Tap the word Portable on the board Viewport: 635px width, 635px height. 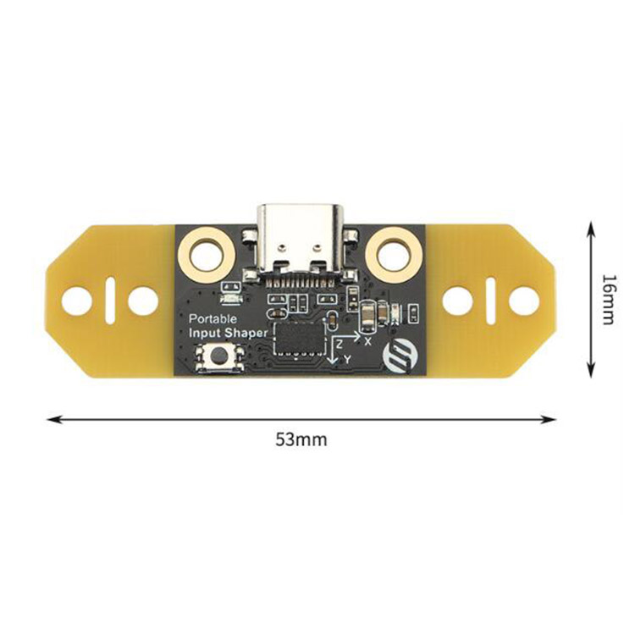tap(213, 319)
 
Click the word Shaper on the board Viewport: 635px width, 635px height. tap(246, 334)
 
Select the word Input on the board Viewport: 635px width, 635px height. tap(205, 334)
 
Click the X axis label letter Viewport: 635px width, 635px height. tap(367, 341)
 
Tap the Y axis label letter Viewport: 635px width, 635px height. tap(347, 359)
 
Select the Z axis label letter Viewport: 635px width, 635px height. tap(340, 345)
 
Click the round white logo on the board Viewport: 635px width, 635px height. tap(398, 356)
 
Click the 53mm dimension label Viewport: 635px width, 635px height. tap(301, 439)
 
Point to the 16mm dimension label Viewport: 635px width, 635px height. tap(609, 299)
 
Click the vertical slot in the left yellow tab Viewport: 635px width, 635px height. tap(110, 301)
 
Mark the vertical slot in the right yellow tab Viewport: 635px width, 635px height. tap(490, 301)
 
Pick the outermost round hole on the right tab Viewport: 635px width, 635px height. tap(524, 301)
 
